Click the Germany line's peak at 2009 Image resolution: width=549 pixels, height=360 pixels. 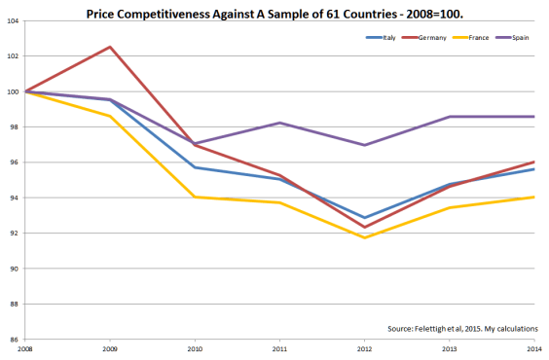point(110,47)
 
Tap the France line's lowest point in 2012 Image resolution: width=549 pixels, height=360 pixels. point(365,238)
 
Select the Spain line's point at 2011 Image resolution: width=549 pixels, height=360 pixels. point(279,123)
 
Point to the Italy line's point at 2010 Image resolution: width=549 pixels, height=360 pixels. point(195,167)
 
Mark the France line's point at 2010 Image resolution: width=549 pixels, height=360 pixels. point(195,198)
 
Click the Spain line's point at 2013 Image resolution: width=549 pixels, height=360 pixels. point(450,117)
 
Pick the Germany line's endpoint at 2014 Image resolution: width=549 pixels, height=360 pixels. point(534,162)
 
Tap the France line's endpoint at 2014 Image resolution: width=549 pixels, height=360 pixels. point(534,198)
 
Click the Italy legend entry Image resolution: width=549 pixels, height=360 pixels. point(381,37)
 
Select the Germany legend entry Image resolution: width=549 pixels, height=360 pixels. point(424,37)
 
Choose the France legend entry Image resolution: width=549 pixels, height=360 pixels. point(470,37)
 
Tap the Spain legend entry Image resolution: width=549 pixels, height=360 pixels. point(512,37)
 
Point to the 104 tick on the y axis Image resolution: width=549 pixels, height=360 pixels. point(13,21)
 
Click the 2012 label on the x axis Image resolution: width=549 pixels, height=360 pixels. point(364,348)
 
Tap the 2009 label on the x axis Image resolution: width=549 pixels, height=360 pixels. point(110,348)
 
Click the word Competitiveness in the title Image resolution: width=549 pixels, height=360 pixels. point(164,15)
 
